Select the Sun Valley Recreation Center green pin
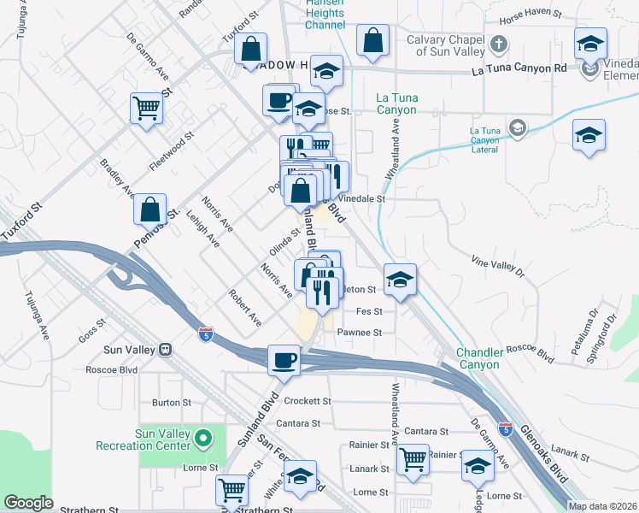[202, 439]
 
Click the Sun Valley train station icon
[167, 350]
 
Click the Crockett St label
[308, 401]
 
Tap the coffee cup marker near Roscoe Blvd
[284, 359]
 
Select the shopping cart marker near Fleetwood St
[147, 108]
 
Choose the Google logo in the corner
[29, 503]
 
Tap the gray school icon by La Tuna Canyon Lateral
[516, 128]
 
